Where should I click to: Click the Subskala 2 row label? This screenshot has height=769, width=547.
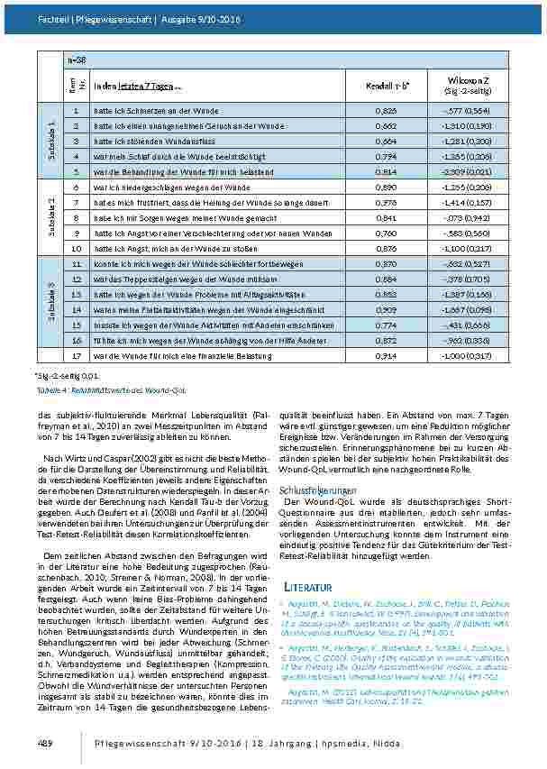53,216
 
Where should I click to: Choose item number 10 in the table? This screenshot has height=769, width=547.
76,247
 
